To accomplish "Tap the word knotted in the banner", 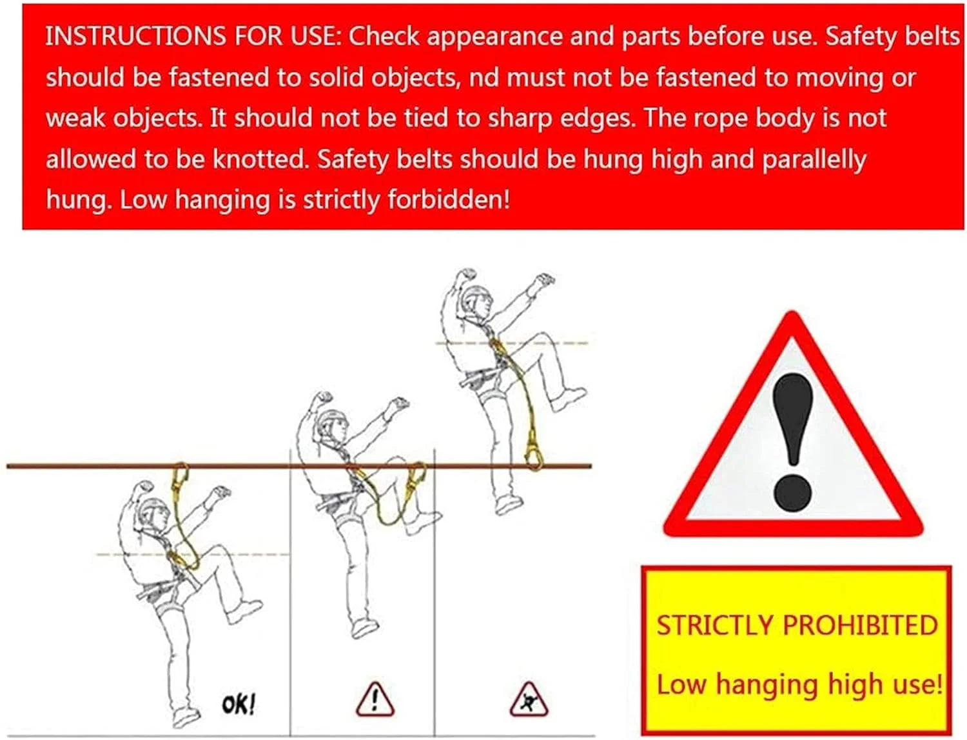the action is coord(260,159).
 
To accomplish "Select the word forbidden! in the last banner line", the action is coord(449,199).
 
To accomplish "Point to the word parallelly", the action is coord(814,159).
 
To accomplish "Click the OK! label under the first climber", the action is coord(239,705).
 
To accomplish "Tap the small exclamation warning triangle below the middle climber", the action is coord(375,699).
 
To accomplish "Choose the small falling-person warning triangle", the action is coord(529,699).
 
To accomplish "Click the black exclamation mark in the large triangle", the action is coord(792,441).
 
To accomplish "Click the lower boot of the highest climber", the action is coord(509,505).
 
